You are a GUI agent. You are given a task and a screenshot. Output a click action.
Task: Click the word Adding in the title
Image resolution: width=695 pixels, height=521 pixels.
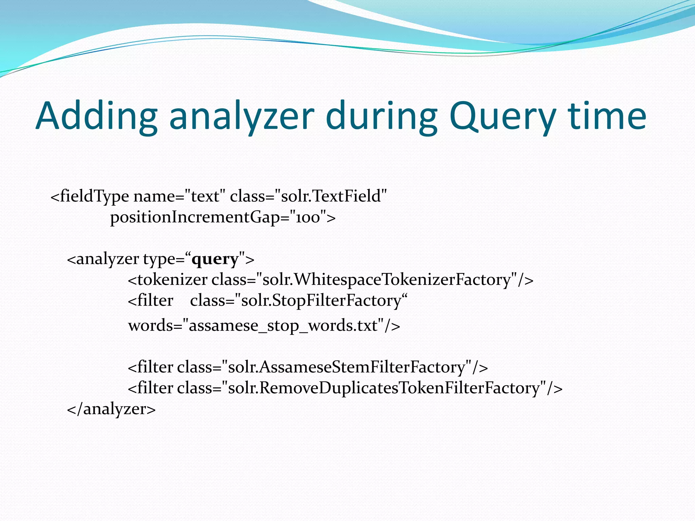(x=96, y=116)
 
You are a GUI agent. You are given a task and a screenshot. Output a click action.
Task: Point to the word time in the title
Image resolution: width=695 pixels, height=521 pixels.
(x=607, y=116)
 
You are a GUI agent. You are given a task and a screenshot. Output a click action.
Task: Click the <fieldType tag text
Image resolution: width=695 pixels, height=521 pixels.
(x=90, y=196)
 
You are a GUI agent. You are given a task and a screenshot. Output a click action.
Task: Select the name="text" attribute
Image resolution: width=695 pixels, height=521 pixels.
(x=180, y=196)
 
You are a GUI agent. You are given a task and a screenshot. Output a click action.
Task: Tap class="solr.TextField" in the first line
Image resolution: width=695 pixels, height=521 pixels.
(x=308, y=196)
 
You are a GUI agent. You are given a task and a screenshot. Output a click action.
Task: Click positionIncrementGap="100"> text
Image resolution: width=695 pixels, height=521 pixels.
(x=223, y=217)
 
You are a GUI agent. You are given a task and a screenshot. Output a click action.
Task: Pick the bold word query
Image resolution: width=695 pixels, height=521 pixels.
(x=215, y=259)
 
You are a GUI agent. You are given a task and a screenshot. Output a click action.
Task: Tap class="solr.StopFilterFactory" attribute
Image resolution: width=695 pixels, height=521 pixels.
(x=299, y=301)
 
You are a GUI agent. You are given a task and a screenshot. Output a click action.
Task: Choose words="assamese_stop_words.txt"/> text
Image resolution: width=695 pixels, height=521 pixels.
(x=264, y=326)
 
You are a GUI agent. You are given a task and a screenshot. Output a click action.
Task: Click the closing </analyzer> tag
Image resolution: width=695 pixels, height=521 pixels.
(x=111, y=409)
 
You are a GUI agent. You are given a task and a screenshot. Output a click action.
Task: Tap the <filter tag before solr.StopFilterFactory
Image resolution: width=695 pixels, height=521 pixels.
(x=150, y=301)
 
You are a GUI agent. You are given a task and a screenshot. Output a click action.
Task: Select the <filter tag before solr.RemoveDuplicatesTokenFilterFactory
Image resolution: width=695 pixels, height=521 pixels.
(x=150, y=388)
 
